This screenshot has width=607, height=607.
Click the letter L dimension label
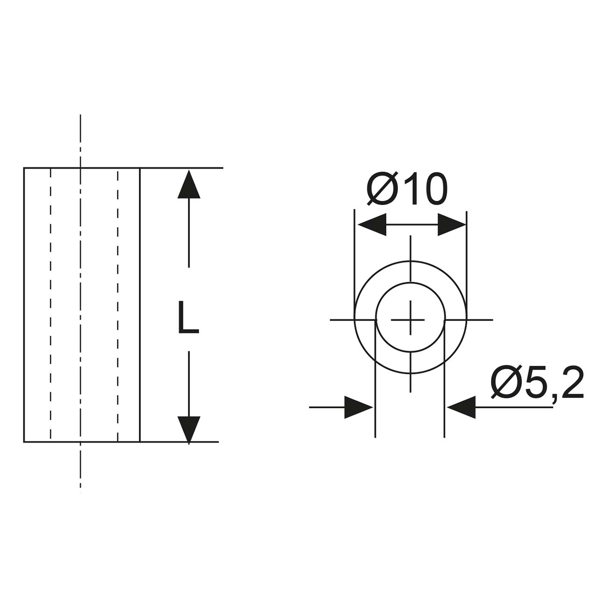188,317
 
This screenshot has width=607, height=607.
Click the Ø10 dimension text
407,189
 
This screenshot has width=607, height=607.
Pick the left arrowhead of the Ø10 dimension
372,225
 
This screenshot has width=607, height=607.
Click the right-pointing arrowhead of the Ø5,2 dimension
358,407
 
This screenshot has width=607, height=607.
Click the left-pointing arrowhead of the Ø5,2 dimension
461,407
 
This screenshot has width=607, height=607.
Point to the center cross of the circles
410,320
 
